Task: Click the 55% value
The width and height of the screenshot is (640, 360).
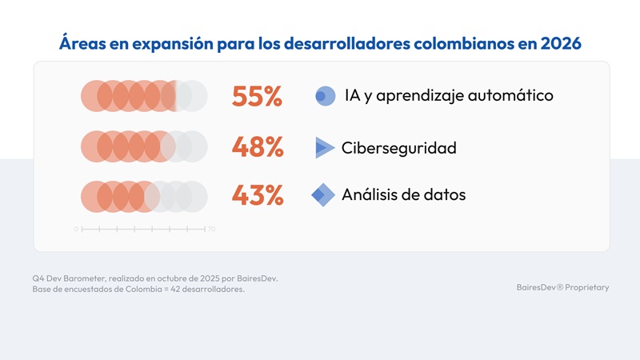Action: (x=257, y=97)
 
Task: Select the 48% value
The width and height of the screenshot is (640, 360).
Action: (x=257, y=147)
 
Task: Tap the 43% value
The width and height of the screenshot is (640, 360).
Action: (x=257, y=194)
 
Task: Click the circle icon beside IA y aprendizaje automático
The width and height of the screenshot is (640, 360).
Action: (x=325, y=96)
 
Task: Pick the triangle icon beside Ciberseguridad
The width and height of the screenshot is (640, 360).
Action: (x=324, y=147)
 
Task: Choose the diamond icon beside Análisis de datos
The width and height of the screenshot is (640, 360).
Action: (x=323, y=194)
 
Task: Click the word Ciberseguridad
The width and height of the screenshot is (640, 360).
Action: (x=398, y=148)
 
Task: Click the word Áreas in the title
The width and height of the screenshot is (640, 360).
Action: (x=82, y=42)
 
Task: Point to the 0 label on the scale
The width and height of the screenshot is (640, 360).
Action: (x=76, y=230)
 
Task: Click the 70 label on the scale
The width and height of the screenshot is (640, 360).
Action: (x=211, y=230)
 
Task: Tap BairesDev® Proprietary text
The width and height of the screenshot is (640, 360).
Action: (x=562, y=287)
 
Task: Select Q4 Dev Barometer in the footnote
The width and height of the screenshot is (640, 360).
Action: (x=70, y=278)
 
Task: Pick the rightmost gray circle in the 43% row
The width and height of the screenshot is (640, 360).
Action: (x=193, y=195)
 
